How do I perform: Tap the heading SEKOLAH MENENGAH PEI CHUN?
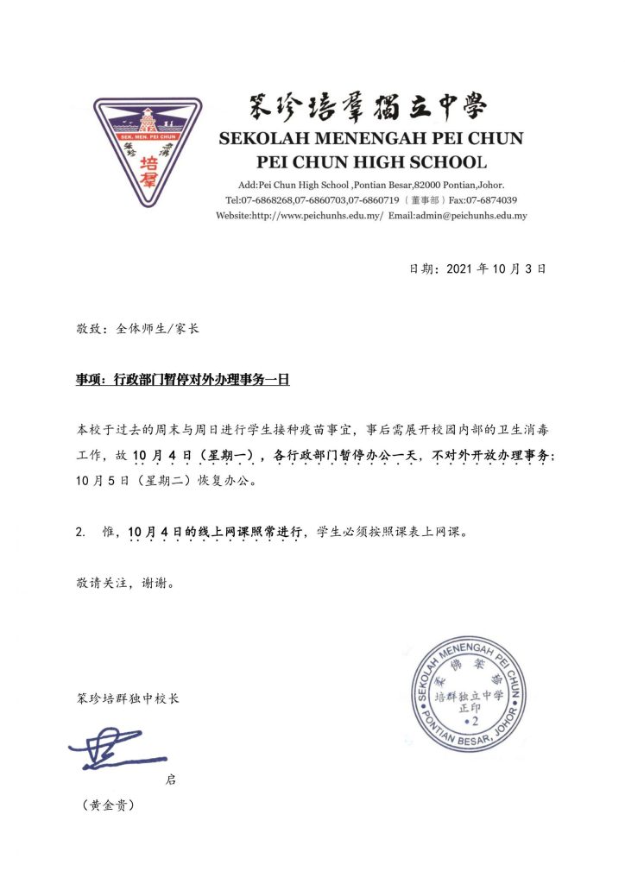click(x=370, y=138)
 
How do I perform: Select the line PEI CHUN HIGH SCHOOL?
click(x=372, y=161)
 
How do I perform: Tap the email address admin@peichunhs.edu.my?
click(x=470, y=215)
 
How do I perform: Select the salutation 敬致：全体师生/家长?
click(x=138, y=328)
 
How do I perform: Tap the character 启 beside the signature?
click(x=170, y=780)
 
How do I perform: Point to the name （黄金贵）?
click(x=108, y=805)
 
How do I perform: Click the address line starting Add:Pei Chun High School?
click(x=370, y=186)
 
